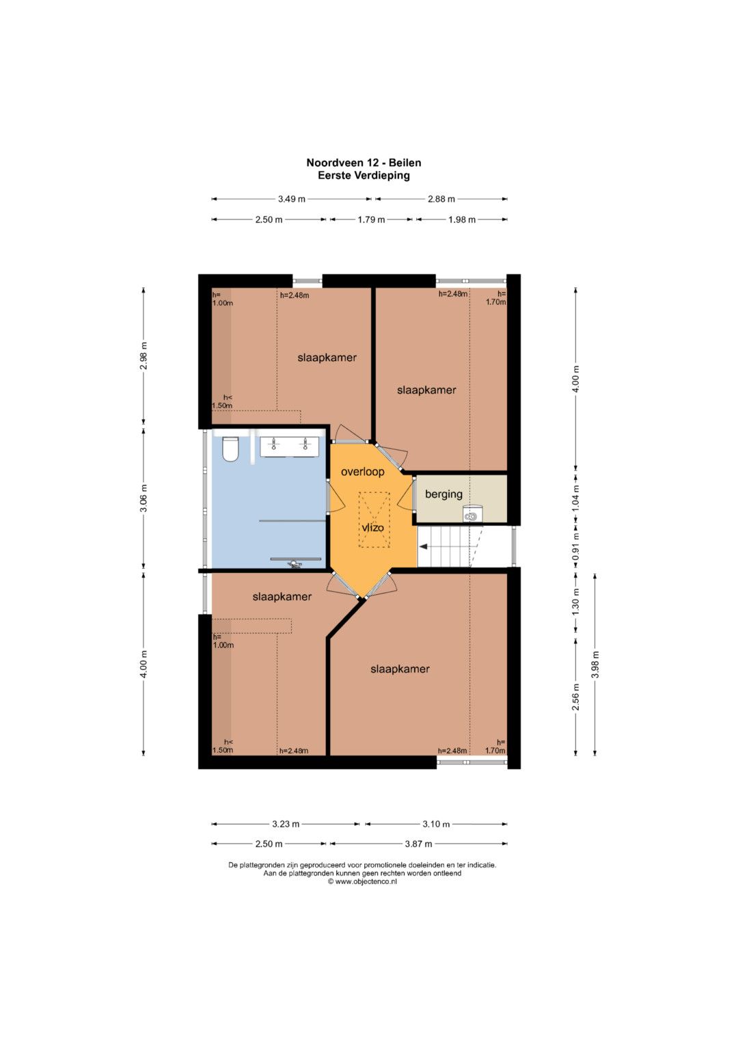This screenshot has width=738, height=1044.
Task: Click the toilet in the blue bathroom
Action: [230, 449]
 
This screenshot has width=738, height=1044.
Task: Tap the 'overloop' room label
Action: [362, 472]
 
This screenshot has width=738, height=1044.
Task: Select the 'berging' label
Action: [443, 494]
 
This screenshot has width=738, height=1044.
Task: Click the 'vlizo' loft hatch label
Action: [373, 528]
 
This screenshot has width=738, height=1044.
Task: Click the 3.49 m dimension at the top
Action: [292, 199]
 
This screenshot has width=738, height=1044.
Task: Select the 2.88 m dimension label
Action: [441, 199]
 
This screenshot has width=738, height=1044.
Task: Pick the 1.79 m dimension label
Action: [371, 219]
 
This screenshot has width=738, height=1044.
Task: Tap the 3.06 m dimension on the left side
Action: [144, 498]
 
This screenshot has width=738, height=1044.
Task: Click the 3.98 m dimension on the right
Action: [595, 664]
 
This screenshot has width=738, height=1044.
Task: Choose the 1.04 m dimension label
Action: [576, 498]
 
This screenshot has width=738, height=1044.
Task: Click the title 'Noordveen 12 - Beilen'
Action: [364, 163]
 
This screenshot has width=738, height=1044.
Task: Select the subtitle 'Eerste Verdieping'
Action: [364, 176]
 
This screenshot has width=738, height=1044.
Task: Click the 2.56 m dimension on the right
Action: [576, 697]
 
